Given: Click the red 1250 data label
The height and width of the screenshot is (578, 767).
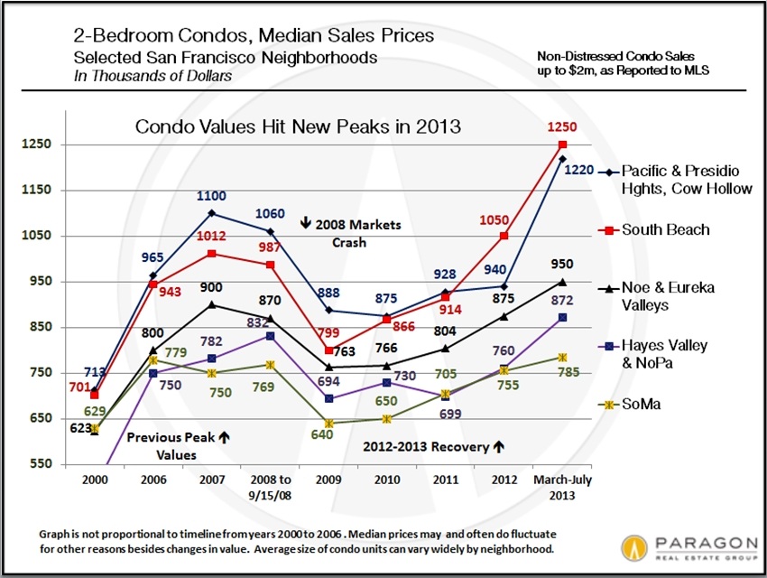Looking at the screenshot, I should coord(562,128).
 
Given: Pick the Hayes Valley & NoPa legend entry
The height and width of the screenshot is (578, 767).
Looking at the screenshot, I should coord(664,352).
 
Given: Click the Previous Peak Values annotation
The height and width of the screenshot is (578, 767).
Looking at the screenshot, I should coord(178,446).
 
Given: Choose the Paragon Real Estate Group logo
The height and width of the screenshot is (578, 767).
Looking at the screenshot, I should coord(689,546).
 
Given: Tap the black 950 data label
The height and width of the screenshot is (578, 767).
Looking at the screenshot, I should coord(562,264).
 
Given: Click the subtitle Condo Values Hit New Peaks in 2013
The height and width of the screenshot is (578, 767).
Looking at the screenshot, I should coord(298,126).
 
